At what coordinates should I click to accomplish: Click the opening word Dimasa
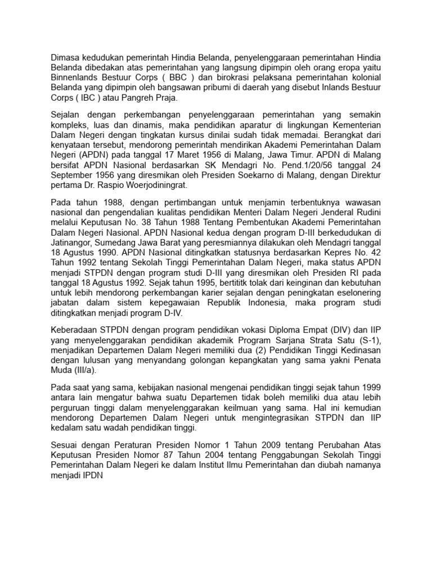(66, 57)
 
